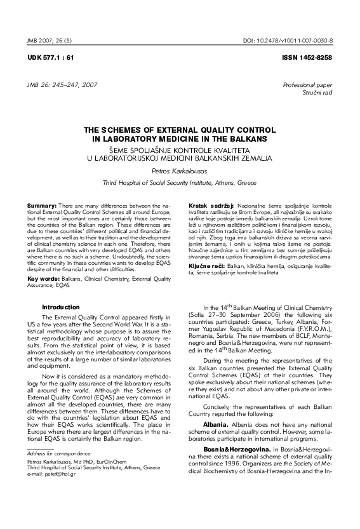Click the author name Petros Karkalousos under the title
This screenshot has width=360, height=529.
(180, 170)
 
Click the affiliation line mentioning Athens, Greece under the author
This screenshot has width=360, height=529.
(180, 182)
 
